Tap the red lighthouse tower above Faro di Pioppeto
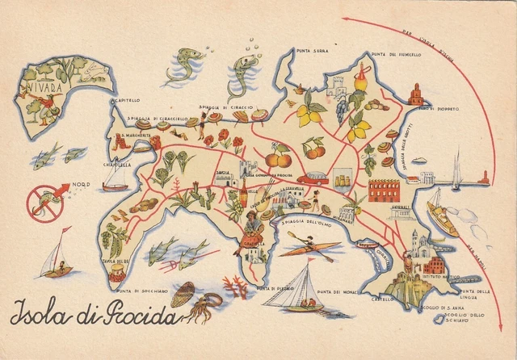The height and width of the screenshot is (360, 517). (416, 94)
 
